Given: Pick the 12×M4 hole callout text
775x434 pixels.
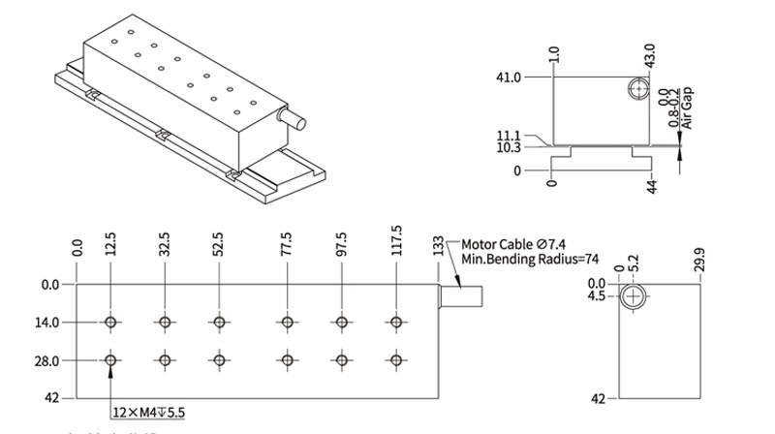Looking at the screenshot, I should point(148,413).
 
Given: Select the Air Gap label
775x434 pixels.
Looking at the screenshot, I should point(689,108).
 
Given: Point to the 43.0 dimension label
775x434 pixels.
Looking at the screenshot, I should point(649,53).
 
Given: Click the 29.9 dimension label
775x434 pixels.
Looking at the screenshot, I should point(701,260).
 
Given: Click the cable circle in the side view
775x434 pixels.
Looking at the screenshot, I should point(634,295).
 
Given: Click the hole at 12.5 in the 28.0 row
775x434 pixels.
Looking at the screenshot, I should point(113,361).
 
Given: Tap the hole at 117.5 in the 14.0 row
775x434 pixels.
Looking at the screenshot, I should point(395,323).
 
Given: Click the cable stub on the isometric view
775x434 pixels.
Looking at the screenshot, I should point(290,117).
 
